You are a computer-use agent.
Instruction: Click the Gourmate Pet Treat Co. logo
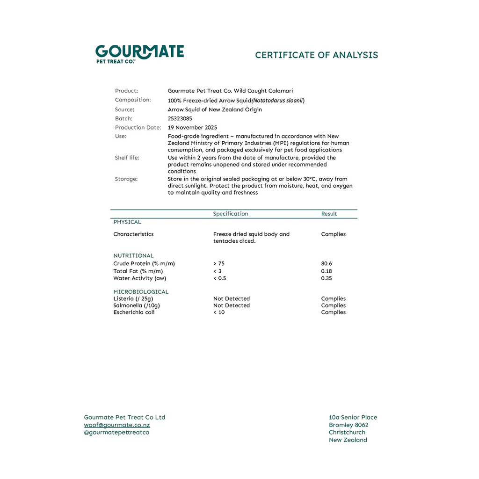click(x=139, y=54)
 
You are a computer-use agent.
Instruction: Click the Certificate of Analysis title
click(x=316, y=55)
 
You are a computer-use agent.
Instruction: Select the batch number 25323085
click(x=180, y=119)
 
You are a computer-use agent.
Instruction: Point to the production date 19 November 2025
click(x=192, y=128)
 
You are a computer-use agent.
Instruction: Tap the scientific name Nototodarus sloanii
click(x=277, y=101)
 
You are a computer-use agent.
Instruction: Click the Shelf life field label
click(x=127, y=158)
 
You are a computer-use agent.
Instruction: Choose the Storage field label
click(x=126, y=179)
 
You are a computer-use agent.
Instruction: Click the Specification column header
click(x=231, y=214)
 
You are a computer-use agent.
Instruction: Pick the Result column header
click(x=329, y=214)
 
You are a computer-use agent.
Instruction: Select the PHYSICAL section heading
click(x=127, y=222)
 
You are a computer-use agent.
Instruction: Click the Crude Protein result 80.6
click(x=327, y=264)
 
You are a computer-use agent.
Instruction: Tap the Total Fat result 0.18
click(x=327, y=271)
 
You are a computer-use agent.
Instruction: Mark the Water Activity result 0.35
click(x=327, y=278)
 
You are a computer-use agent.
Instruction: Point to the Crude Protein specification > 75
click(x=219, y=264)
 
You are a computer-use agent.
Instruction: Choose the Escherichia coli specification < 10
click(x=219, y=312)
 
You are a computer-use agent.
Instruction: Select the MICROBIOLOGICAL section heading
click(x=141, y=292)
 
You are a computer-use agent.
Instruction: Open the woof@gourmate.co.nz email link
click(x=117, y=425)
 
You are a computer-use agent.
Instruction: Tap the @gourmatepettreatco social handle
click(x=116, y=433)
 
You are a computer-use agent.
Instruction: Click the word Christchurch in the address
click(x=347, y=433)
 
